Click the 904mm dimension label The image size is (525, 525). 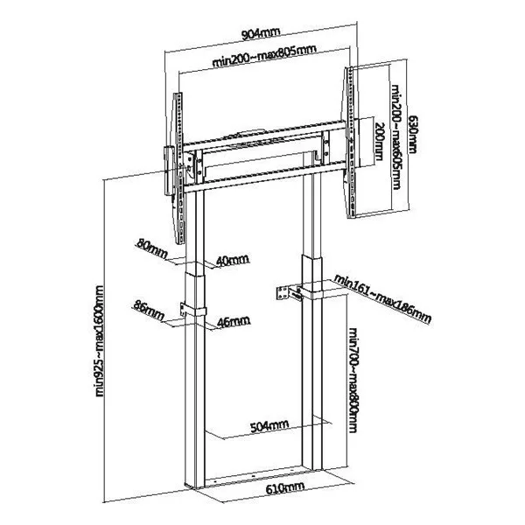click(x=260, y=33)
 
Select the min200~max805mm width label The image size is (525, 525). click(x=264, y=56)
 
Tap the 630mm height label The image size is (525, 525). click(x=413, y=135)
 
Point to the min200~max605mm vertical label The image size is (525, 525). click(x=396, y=137)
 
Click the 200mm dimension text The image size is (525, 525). click(x=380, y=141)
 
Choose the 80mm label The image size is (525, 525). click(x=151, y=249)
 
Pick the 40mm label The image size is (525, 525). click(x=233, y=261)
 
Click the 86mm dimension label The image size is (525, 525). click(x=149, y=311)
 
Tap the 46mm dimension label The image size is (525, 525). click(x=234, y=321)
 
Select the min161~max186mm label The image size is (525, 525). click(x=382, y=299)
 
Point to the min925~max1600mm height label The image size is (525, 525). click(x=100, y=341)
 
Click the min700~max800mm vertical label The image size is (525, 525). click(x=353, y=380)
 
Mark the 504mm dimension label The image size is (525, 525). click(x=269, y=426)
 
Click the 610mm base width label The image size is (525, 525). click(x=285, y=488)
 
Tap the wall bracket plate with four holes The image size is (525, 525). click(x=283, y=293)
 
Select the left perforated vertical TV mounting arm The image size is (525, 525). click(x=178, y=168)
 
